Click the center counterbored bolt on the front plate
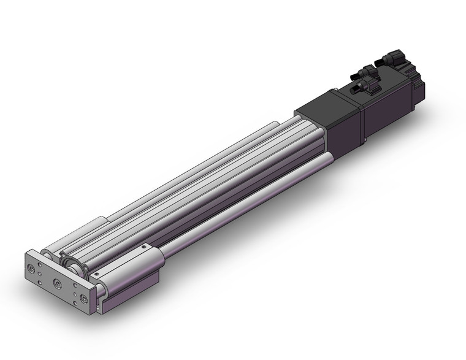tap(58, 283)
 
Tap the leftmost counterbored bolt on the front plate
tap(31, 268)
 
